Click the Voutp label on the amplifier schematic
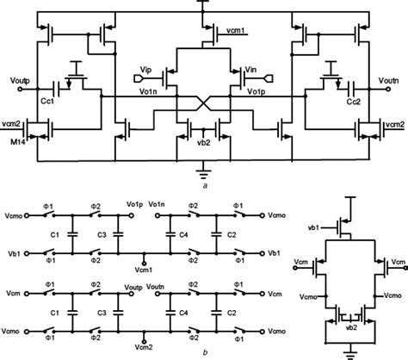pyautogui.click(x=14, y=78)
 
